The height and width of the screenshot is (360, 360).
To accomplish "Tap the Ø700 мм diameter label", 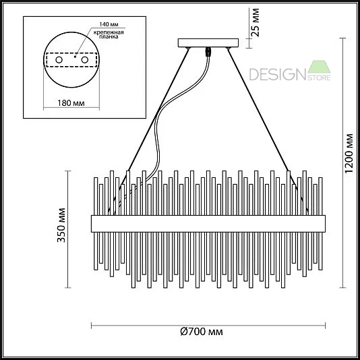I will click(202, 332).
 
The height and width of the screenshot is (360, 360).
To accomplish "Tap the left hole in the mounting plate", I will click(59, 60).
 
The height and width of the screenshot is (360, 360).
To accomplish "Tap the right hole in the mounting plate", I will click(85, 60).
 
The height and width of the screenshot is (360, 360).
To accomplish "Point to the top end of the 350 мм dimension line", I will click(67, 170).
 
